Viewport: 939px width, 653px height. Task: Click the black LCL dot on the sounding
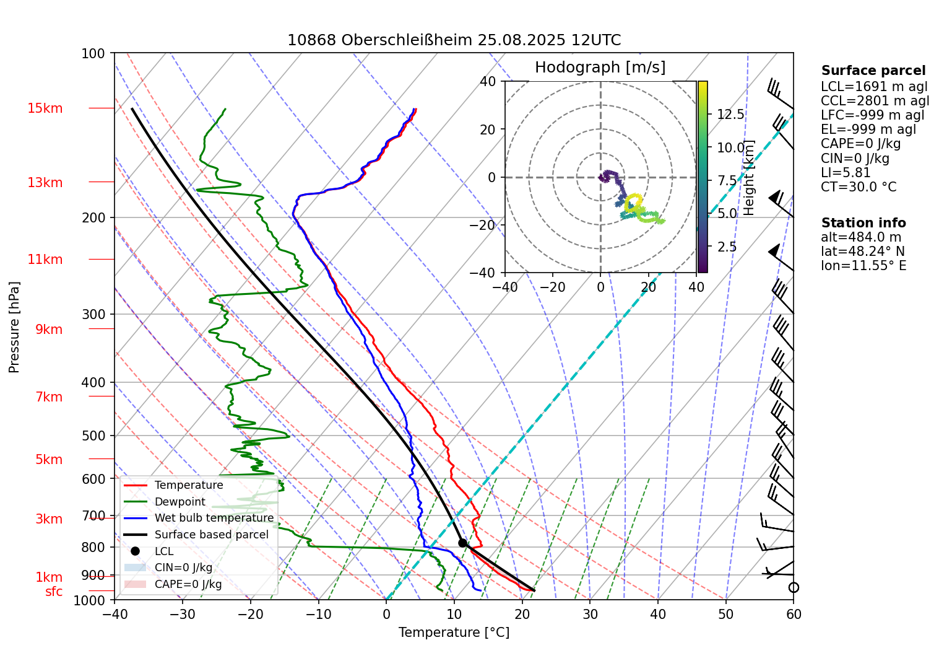[x=462, y=543]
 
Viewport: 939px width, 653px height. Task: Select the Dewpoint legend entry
[x=180, y=502]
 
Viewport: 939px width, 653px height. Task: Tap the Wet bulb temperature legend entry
[x=214, y=518]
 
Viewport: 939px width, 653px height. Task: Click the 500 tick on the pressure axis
[x=94, y=436]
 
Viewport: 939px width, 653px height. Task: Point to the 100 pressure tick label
[x=93, y=54]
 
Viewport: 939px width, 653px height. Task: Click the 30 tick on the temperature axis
[x=590, y=615]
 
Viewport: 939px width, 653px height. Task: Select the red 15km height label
[x=45, y=108]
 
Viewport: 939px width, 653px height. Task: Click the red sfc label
[x=54, y=592]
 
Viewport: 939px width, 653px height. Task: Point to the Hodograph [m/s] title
[x=600, y=68]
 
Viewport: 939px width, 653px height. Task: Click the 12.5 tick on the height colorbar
[x=730, y=114]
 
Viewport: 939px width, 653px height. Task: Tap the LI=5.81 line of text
[x=846, y=173]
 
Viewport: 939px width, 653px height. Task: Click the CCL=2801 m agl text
[x=875, y=101]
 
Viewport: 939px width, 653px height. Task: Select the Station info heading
[x=863, y=223]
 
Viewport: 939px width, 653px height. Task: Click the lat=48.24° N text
[x=862, y=252]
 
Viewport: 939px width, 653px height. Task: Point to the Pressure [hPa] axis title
[x=14, y=327]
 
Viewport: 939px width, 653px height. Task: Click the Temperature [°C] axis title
[x=454, y=633]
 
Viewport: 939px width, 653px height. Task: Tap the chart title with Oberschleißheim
[x=454, y=40]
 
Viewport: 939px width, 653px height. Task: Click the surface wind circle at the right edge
[x=794, y=587]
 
